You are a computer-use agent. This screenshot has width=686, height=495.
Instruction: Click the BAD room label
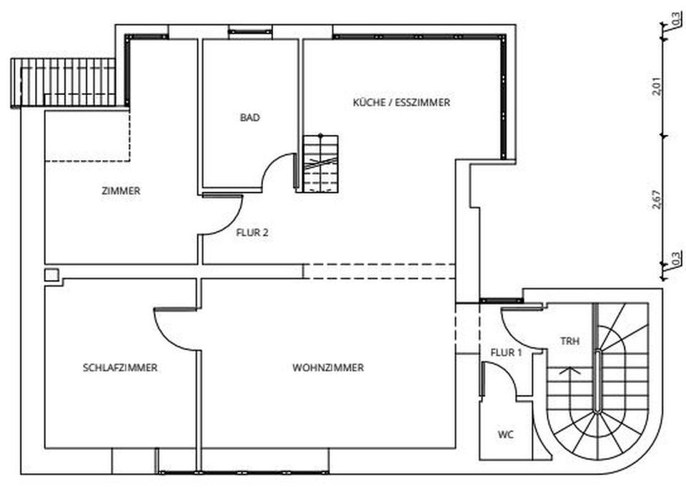pyautogui.click(x=249, y=118)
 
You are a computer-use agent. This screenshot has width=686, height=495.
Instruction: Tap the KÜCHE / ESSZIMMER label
pyautogui.click(x=402, y=103)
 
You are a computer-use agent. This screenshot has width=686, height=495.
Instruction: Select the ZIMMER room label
pyautogui.click(x=121, y=191)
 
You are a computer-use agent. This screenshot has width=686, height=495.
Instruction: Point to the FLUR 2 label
pyautogui.click(x=252, y=232)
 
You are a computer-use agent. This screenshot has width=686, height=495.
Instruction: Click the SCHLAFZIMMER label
pyautogui.click(x=120, y=368)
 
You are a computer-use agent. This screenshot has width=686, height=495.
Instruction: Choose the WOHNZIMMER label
pyautogui.click(x=328, y=368)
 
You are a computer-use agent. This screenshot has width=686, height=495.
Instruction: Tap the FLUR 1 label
pyautogui.click(x=507, y=353)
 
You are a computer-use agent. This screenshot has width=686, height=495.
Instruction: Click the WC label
pyautogui.click(x=506, y=434)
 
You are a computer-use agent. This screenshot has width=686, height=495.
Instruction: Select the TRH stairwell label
pyautogui.click(x=570, y=341)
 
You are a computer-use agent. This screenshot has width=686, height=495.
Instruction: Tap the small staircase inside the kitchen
pyautogui.click(x=320, y=164)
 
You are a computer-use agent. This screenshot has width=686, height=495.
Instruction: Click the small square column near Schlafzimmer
pyautogui.click(x=51, y=275)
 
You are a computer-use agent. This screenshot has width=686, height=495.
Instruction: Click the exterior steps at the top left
pyautogui.click(x=64, y=82)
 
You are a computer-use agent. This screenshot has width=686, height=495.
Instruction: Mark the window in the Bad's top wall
pyautogui.click(x=250, y=31)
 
